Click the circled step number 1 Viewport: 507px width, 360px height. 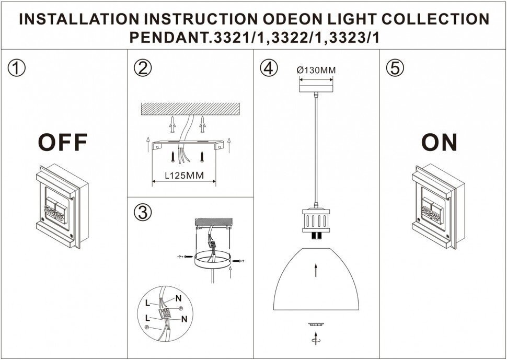click(x=18, y=68)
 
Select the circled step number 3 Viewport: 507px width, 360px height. click(x=142, y=212)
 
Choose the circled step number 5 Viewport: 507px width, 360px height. click(x=394, y=68)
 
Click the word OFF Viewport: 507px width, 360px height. click(x=63, y=142)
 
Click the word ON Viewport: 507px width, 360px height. click(x=440, y=142)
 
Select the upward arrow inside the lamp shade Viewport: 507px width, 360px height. click(x=315, y=270)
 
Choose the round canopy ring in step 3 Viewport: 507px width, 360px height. click(x=212, y=261)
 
